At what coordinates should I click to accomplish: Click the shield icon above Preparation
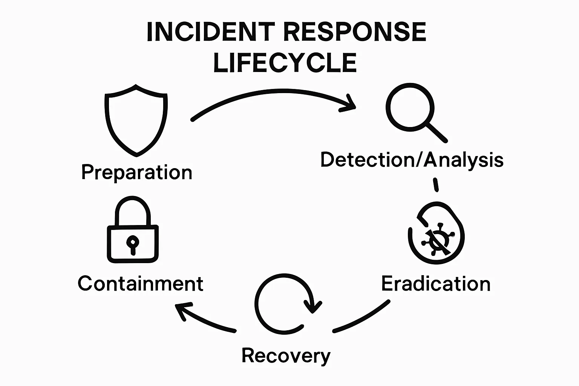[x=136, y=120]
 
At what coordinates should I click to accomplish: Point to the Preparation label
[x=136, y=173]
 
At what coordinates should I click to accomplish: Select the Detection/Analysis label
[x=412, y=160]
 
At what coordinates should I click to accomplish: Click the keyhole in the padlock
[x=132, y=244]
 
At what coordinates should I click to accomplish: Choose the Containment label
[x=140, y=283]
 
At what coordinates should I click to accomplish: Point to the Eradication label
[x=436, y=283]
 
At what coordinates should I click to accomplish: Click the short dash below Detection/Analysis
[x=436, y=185]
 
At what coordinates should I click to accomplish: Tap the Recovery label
[x=286, y=356]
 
